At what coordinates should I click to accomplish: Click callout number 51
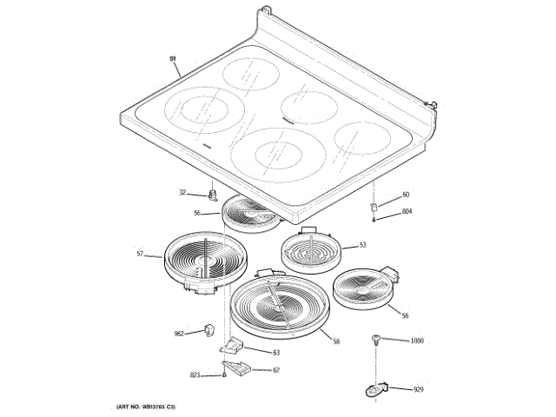coord(173,58)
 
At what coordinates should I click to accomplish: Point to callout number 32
coord(183,193)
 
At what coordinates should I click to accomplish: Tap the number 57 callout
coord(140,254)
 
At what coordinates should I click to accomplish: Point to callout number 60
coord(405,195)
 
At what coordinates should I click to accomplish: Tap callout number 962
coord(179,333)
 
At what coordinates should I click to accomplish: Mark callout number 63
coord(276,353)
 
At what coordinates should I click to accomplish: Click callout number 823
coord(195,375)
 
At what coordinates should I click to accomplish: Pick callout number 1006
coord(417,341)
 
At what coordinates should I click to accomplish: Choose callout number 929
coord(418,390)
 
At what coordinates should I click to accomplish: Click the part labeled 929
coord(375,391)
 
